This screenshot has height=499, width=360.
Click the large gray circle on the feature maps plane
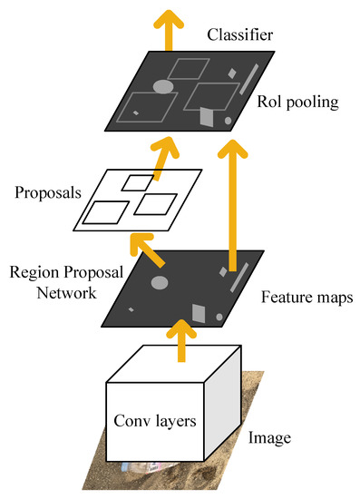pyautogui.click(x=160, y=282)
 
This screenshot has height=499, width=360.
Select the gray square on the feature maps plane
pyautogui.click(x=199, y=313)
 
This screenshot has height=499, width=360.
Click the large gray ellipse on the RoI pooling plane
pyautogui.click(x=163, y=87)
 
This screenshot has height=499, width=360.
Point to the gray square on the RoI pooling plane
pyautogui.click(x=208, y=117)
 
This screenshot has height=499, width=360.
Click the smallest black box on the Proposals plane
pyautogui.click(x=138, y=182)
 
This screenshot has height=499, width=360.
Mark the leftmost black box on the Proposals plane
pyautogui.click(x=106, y=212)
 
